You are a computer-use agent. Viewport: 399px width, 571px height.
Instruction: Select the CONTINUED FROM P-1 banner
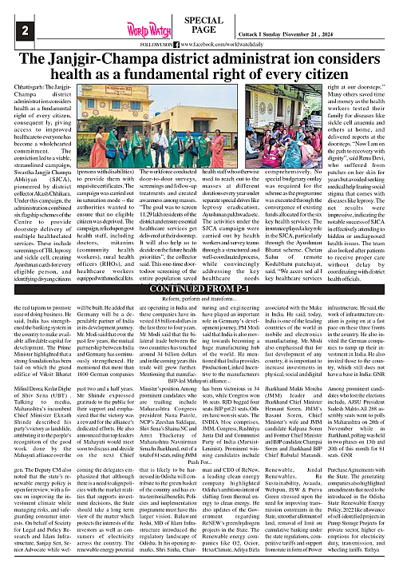199,266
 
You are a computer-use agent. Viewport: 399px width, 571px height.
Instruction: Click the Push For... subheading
199,439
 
